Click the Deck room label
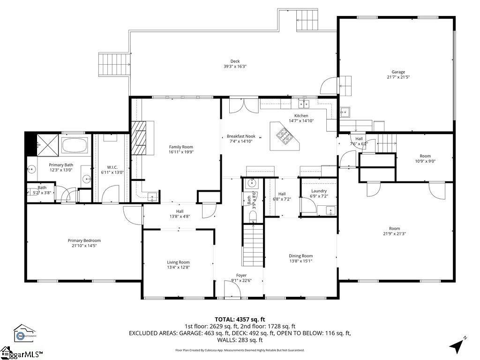[x=235, y=61]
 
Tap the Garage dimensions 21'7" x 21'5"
[x=396, y=77]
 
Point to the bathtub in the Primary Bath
[x=75, y=145]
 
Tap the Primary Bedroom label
[x=84, y=240]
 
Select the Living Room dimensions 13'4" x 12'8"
[x=178, y=267]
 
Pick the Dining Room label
[x=300, y=256]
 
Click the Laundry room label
[x=319, y=191]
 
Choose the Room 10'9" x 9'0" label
[x=425, y=156]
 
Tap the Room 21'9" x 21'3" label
[x=394, y=229]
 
